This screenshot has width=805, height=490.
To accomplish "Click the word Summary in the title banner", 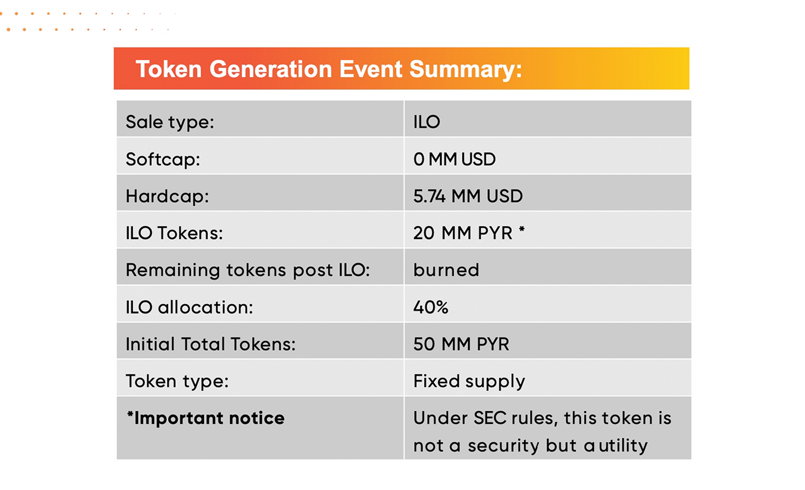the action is [465, 70].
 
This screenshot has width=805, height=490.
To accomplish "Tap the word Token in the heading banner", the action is [168, 69].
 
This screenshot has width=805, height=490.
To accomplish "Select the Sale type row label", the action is [170, 122].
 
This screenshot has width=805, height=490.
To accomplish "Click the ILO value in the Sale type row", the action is [427, 122].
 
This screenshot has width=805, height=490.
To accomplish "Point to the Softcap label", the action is [163, 159].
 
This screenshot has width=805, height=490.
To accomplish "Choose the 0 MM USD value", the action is [454, 159].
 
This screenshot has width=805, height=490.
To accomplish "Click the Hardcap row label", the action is [167, 197].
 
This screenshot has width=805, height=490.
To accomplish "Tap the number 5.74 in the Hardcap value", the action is [430, 196].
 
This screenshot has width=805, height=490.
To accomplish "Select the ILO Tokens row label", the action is [174, 233].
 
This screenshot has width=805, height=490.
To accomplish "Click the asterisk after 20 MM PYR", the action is [522, 229].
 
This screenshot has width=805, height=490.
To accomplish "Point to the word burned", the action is [446, 270].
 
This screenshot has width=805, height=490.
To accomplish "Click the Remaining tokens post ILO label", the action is [248, 270].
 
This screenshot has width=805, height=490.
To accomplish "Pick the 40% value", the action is [431, 307].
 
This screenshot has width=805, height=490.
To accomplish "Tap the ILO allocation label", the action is [189, 307].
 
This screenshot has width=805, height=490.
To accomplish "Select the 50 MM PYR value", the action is [461, 344].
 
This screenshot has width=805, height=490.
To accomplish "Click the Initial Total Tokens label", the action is [210, 344].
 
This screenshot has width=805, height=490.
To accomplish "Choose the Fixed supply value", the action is [469, 382].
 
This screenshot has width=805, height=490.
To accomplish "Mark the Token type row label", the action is [177, 382].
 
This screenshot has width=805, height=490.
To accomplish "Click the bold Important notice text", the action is [206, 418].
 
